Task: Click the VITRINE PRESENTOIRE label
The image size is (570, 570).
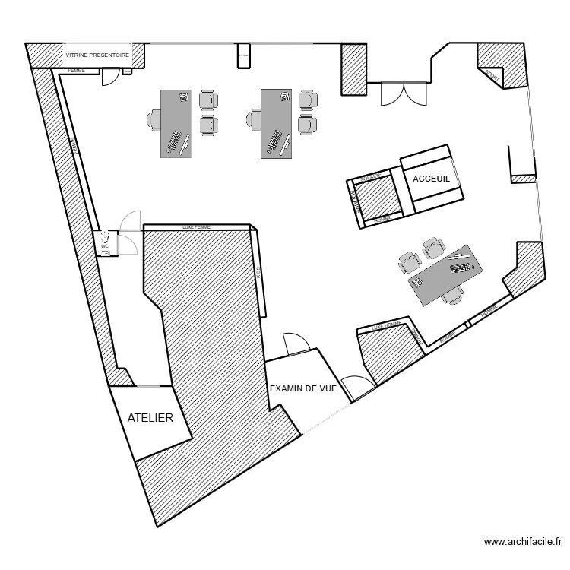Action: (x=97, y=55)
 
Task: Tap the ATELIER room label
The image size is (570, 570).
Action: (x=150, y=418)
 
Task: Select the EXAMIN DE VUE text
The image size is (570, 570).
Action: (x=303, y=388)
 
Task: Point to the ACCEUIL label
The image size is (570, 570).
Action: (x=431, y=179)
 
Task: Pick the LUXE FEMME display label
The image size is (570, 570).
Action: (x=196, y=226)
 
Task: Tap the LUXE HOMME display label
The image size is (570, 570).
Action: (x=387, y=326)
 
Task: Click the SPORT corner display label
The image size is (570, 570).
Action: (x=492, y=77)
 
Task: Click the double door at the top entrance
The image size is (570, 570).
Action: (x=404, y=93)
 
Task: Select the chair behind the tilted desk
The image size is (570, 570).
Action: (x=454, y=295)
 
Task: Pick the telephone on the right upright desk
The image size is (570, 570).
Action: (x=285, y=97)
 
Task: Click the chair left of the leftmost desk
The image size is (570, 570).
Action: (x=154, y=119)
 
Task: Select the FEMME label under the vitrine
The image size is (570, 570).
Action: (x=76, y=71)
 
